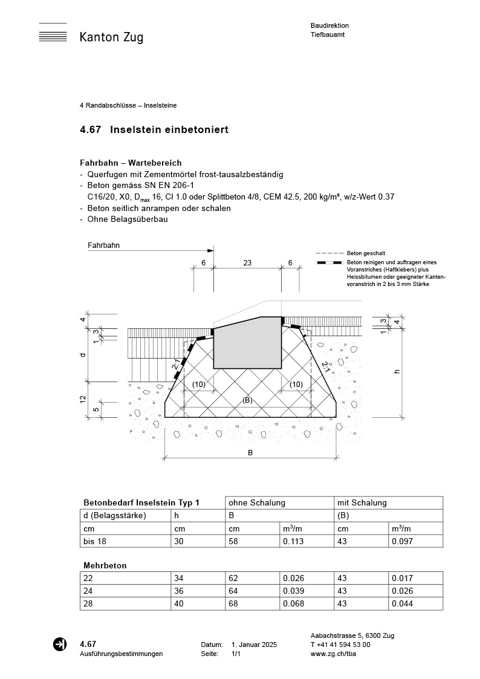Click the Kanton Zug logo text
coord(111,37)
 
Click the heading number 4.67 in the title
coord(90,130)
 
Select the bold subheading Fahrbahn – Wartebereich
coord(131,163)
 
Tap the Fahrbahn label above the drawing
coord(103,246)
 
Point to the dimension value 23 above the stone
coord(247,263)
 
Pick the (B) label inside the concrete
coord(247,400)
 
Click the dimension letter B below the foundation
coord(250,453)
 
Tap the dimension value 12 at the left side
coord(83,400)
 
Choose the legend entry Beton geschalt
coord(366,253)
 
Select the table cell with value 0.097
coord(402,541)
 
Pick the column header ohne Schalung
coord(256,502)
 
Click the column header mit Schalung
coord(362,502)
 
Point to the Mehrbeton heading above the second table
coord(105,565)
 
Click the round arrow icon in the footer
coord(60,645)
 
